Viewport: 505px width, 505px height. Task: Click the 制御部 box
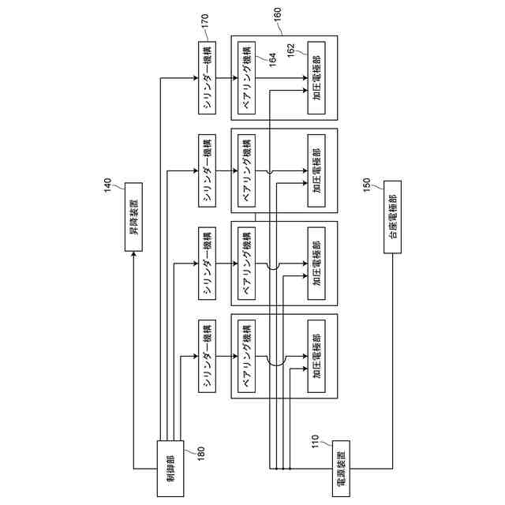pyautogui.click(x=171, y=469)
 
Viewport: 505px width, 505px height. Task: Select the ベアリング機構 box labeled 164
pyautogui.click(x=247, y=77)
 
